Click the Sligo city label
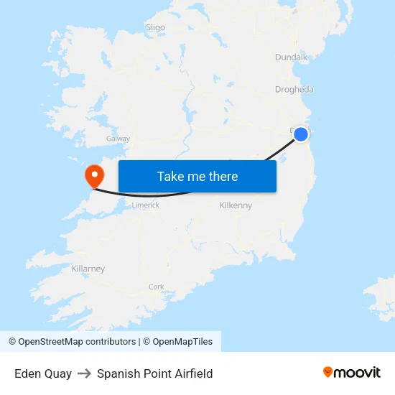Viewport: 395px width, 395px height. click(155, 27)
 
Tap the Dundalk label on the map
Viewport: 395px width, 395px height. click(291, 57)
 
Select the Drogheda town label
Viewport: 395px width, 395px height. click(294, 90)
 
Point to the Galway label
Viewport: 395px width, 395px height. click(118, 139)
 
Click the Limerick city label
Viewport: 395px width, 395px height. click(145, 205)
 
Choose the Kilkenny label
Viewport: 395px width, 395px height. click(236, 205)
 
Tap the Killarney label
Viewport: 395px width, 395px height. click(88, 269)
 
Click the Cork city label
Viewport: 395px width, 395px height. click(157, 287)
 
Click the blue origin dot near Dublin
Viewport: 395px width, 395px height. click(301, 134)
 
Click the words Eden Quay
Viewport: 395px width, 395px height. click(43, 373)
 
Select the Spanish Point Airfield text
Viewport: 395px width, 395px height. click(154, 373)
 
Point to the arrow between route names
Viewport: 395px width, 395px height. click(84, 373)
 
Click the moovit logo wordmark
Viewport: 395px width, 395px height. click(357, 372)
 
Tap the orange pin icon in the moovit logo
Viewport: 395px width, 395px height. click(328, 372)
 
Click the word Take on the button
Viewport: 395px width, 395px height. click(171, 176)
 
